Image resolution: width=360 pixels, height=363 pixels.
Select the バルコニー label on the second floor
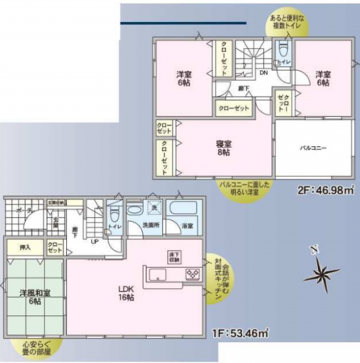(x=313, y=149)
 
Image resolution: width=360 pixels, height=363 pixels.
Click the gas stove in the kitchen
(x=194, y=274)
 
